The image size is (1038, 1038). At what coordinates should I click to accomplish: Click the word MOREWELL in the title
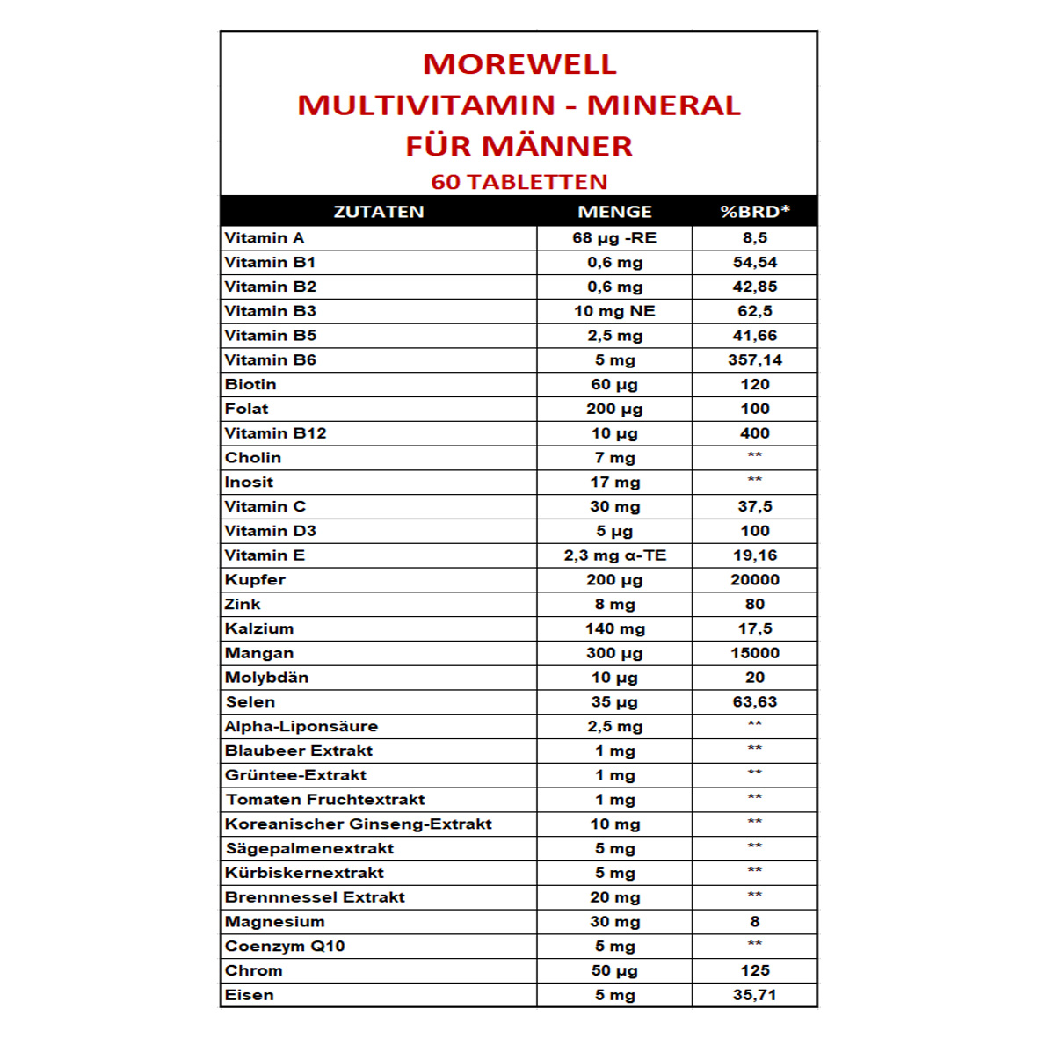click(519, 64)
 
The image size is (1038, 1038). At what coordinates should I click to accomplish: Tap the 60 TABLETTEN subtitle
click(519, 182)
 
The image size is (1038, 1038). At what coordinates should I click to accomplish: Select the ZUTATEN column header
click(379, 212)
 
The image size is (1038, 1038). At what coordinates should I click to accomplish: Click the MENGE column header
click(614, 212)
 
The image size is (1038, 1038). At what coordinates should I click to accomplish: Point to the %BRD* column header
click(754, 212)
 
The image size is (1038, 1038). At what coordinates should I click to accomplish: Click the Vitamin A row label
click(265, 238)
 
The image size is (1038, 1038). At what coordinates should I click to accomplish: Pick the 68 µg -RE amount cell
click(614, 238)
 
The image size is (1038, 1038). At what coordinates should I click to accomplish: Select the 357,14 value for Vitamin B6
click(754, 360)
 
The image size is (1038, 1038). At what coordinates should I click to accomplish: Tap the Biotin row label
click(250, 384)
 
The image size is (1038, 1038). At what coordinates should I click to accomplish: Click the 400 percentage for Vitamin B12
click(754, 433)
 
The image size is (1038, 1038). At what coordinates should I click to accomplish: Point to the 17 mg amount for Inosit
click(614, 483)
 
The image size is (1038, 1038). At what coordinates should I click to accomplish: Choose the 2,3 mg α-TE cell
click(614, 555)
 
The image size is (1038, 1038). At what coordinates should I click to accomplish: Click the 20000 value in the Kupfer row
click(754, 580)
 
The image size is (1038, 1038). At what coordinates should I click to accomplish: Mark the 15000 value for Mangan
click(754, 653)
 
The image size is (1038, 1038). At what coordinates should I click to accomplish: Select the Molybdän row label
click(267, 678)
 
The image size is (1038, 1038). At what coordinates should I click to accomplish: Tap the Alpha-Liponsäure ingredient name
click(301, 727)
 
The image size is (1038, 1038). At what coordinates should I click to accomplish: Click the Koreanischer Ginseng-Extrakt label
click(358, 824)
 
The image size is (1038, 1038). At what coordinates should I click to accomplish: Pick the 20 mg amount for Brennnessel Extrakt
click(614, 897)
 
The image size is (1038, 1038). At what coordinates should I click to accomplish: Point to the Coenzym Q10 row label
click(285, 947)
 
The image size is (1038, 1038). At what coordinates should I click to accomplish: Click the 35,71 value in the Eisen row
click(754, 995)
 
